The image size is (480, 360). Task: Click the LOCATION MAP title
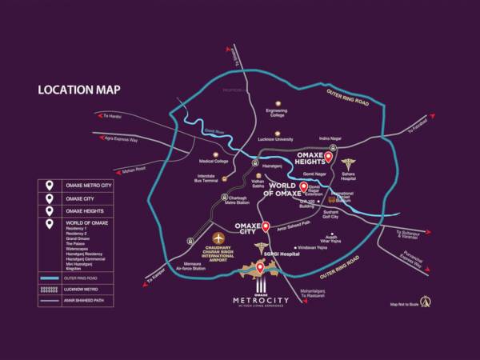pyautogui.click(x=78, y=90)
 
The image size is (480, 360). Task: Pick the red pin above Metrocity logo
pyautogui.click(x=259, y=268)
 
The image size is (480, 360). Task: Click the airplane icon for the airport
pyautogui.click(x=218, y=238)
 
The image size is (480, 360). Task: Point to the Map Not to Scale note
pyautogui.click(x=405, y=305)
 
